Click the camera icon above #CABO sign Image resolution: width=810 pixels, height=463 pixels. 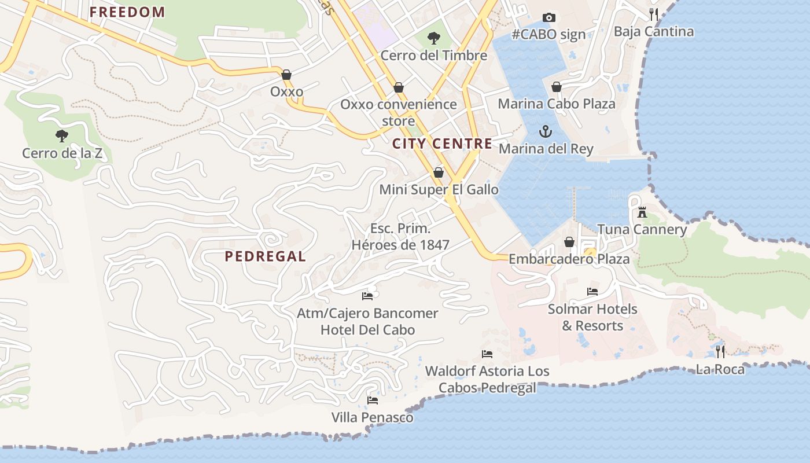click(x=548, y=18)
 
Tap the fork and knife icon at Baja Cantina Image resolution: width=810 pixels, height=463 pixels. click(x=654, y=14)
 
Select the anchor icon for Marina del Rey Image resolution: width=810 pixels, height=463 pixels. click(x=546, y=132)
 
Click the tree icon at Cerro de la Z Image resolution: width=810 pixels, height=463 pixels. click(x=62, y=137)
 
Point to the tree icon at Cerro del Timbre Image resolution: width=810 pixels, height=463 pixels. click(x=433, y=39)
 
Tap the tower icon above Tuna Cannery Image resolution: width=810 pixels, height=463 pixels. click(x=642, y=212)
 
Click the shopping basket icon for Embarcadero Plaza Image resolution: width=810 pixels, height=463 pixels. click(x=569, y=242)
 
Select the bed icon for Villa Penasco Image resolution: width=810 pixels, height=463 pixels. click(x=373, y=400)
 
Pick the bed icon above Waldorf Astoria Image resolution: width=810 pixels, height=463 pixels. click(x=487, y=354)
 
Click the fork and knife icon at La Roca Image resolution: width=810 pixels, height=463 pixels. click(x=720, y=351)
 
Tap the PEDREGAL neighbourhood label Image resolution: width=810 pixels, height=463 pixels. click(x=265, y=256)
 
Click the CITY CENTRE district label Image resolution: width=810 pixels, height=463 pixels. click(x=443, y=144)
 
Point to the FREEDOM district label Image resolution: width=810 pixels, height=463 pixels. click(x=127, y=12)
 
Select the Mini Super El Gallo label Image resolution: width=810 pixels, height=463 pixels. click(x=439, y=189)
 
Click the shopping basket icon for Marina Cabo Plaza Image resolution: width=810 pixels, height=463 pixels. click(x=556, y=87)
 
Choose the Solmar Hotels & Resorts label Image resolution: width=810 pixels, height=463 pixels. click(x=592, y=317)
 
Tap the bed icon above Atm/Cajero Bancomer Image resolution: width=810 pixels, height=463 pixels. click(x=367, y=296)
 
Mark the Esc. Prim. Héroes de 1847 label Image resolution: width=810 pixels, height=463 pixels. click(x=400, y=237)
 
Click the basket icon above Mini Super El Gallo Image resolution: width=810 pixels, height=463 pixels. click(x=439, y=172)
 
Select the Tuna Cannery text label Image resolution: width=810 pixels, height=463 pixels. click(x=642, y=230)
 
